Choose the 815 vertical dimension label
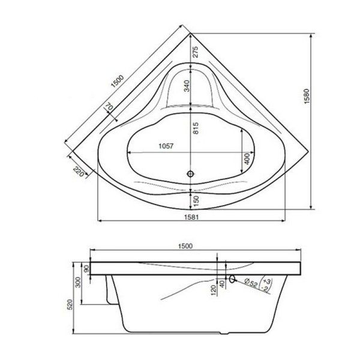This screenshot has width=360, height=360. click(196, 128)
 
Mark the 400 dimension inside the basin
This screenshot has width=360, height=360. click(247, 160)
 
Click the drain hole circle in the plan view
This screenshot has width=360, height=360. click(191, 174)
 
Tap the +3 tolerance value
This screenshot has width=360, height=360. click(267, 280)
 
